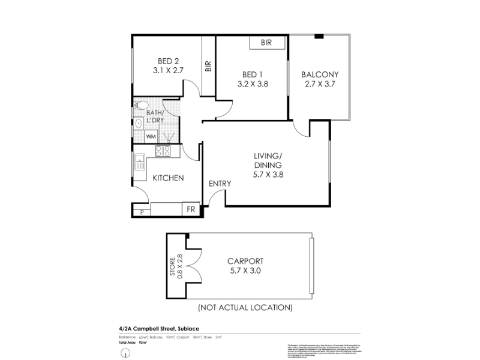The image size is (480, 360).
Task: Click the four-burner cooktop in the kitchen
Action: tap(164, 151)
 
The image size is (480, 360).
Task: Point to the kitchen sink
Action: tap(139, 163)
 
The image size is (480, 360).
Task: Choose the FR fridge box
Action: tap(191, 210)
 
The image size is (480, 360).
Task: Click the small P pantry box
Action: tap(142, 212)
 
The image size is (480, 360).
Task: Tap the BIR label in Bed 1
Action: tap(267, 43)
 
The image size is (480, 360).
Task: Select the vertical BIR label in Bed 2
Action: tap(208, 66)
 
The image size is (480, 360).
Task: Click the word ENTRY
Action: tap(220, 184)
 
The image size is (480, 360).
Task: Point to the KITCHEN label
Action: tap(168, 178)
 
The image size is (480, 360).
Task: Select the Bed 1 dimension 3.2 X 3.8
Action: tap(253, 84)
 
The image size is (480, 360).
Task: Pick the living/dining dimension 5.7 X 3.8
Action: tap(268, 175)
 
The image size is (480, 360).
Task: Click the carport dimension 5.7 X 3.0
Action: tap(245, 271)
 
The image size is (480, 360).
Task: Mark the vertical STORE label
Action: tap(172, 266)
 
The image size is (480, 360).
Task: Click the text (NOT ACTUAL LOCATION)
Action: tap(245, 308)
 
